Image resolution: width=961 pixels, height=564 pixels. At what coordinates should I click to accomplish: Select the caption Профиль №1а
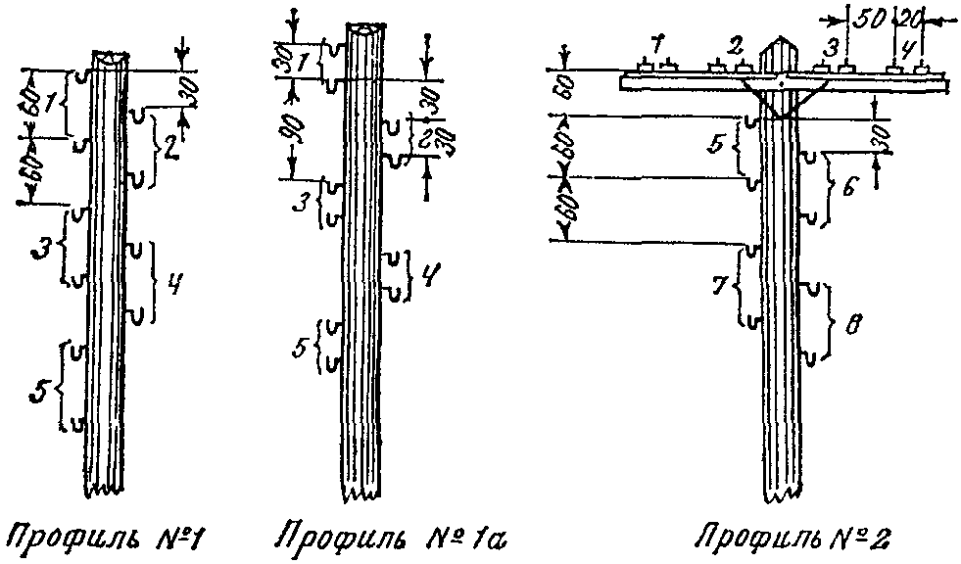pos(389,538)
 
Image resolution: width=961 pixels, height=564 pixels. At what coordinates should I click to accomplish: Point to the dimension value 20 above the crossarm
pos(911,21)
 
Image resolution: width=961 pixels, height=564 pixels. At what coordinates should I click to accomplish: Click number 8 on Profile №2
pos(853,321)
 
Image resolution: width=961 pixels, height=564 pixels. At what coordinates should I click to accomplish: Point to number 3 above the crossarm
pos(831,46)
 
